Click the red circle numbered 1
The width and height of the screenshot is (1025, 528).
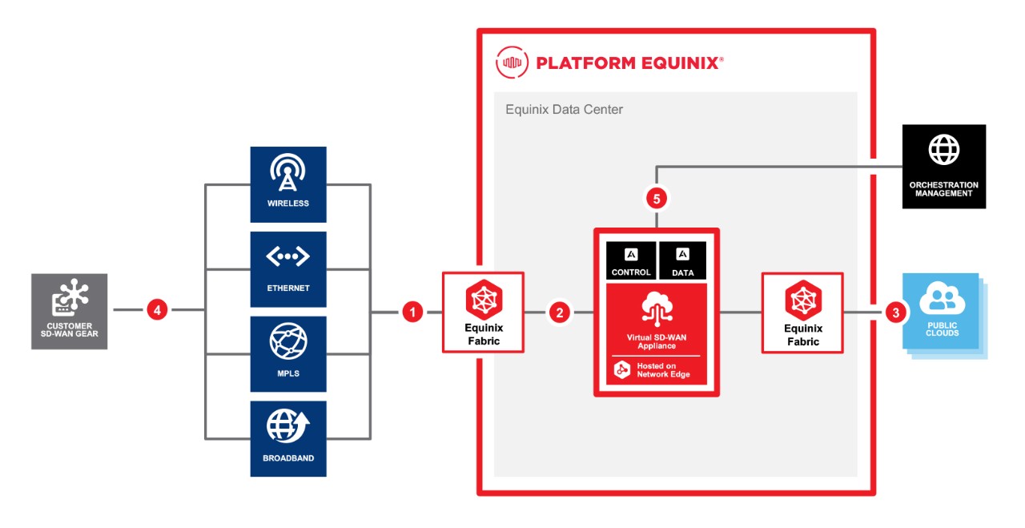(x=412, y=312)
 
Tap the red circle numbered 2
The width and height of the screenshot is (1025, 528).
(x=559, y=312)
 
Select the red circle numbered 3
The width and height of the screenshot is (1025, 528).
(x=895, y=312)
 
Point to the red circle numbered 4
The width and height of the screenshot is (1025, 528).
(x=157, y=309)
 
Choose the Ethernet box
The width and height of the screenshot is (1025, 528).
(x=288, y=269)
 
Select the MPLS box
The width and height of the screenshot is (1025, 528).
(x=288, y=353)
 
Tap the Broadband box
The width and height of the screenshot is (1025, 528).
(x=288, y=438)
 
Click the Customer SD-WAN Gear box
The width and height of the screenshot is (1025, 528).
(x=69, y=311)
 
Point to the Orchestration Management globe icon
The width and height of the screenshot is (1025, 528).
(x=943, y=150)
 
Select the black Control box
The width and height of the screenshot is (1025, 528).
(x=631, y=260)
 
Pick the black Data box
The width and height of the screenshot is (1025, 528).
(x=682, y=260)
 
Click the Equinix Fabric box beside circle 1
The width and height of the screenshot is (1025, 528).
(x=484, y=312)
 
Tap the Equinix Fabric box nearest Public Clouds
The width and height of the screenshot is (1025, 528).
(x=802, y=313)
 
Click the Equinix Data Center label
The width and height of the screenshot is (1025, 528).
(x=564, y=110)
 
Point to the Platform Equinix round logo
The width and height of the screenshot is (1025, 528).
(x=511, y=62)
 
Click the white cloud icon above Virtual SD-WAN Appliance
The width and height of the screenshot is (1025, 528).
(x=656, y=308)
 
